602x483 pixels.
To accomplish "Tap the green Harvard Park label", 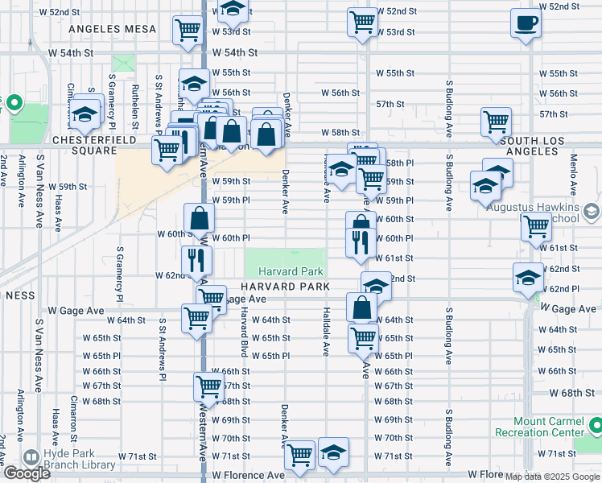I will [291, 272].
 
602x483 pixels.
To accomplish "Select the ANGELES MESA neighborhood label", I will [113, 29].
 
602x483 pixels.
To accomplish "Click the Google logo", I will [27, 473].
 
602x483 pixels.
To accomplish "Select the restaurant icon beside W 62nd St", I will [196, 259].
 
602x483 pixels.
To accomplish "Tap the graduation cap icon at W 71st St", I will [333, 452].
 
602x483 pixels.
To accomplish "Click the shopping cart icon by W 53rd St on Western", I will [188, 31].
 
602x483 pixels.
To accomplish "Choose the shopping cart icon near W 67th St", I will [208, 386].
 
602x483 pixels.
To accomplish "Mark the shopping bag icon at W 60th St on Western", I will [199, 217].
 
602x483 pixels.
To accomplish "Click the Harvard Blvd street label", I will [241, 335].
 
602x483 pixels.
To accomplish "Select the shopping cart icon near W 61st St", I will [535, 227].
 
